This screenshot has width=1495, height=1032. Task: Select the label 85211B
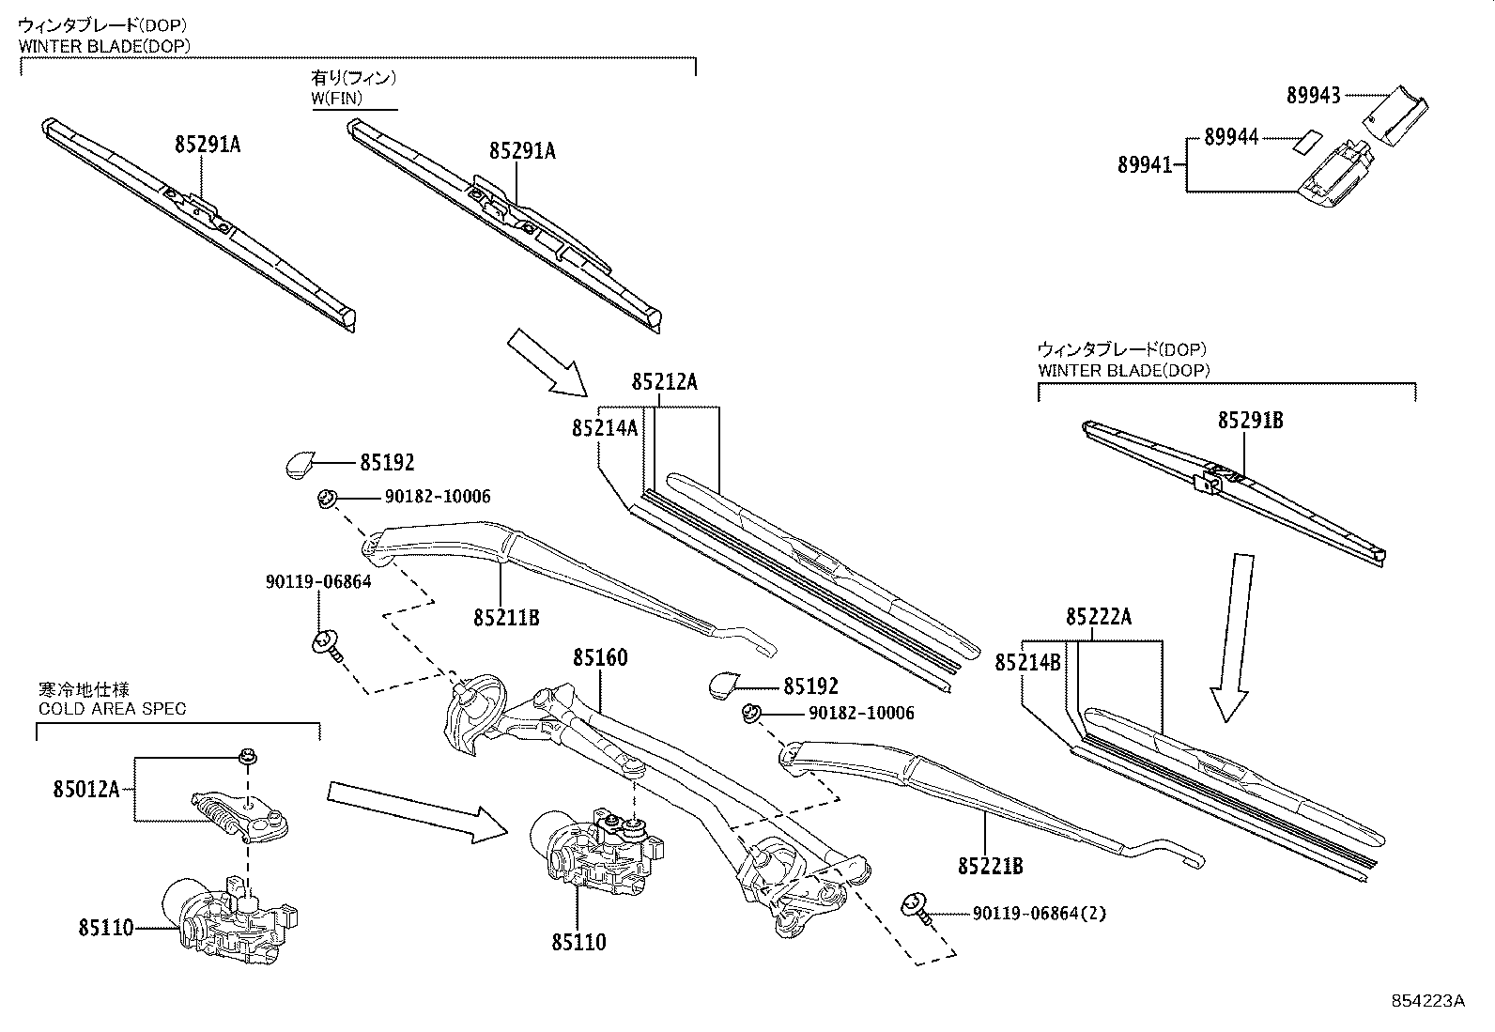pyautogui.click(x=506, y=617)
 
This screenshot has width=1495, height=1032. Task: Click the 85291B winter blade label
pyautogui.click(x=1250, y=421)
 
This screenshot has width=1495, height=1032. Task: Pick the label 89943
pyautogui.click(x=1313, y=95)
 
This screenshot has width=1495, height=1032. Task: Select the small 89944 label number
pyautogui.click(x=1231, y=138)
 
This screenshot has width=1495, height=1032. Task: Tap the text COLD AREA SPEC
pyautogui.click(x=112, y=708)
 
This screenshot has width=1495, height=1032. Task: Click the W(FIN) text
pyautogui.click(x=337, y=98)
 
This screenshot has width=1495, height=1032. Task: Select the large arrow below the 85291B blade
pyautogui.click(x=1230, y=639)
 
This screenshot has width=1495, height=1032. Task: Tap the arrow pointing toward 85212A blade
pyautogui.click(x=547, y=362)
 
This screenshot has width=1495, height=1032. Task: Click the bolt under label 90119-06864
pyautogui.click(x=327, y=644)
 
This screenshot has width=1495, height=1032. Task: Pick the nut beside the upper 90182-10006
pyautogui.click(x=328, y=498)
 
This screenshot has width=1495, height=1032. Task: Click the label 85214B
pyautogui.click(x=1027, y=663)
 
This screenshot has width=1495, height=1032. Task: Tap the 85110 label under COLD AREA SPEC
pyautogui.click(x=105, y=929)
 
